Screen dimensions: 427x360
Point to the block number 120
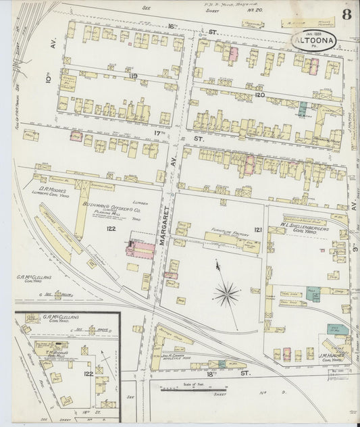(x=260, y=96)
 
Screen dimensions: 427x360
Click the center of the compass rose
(x=228, y=293)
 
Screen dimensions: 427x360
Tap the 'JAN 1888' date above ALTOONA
(x=315, y=31)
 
